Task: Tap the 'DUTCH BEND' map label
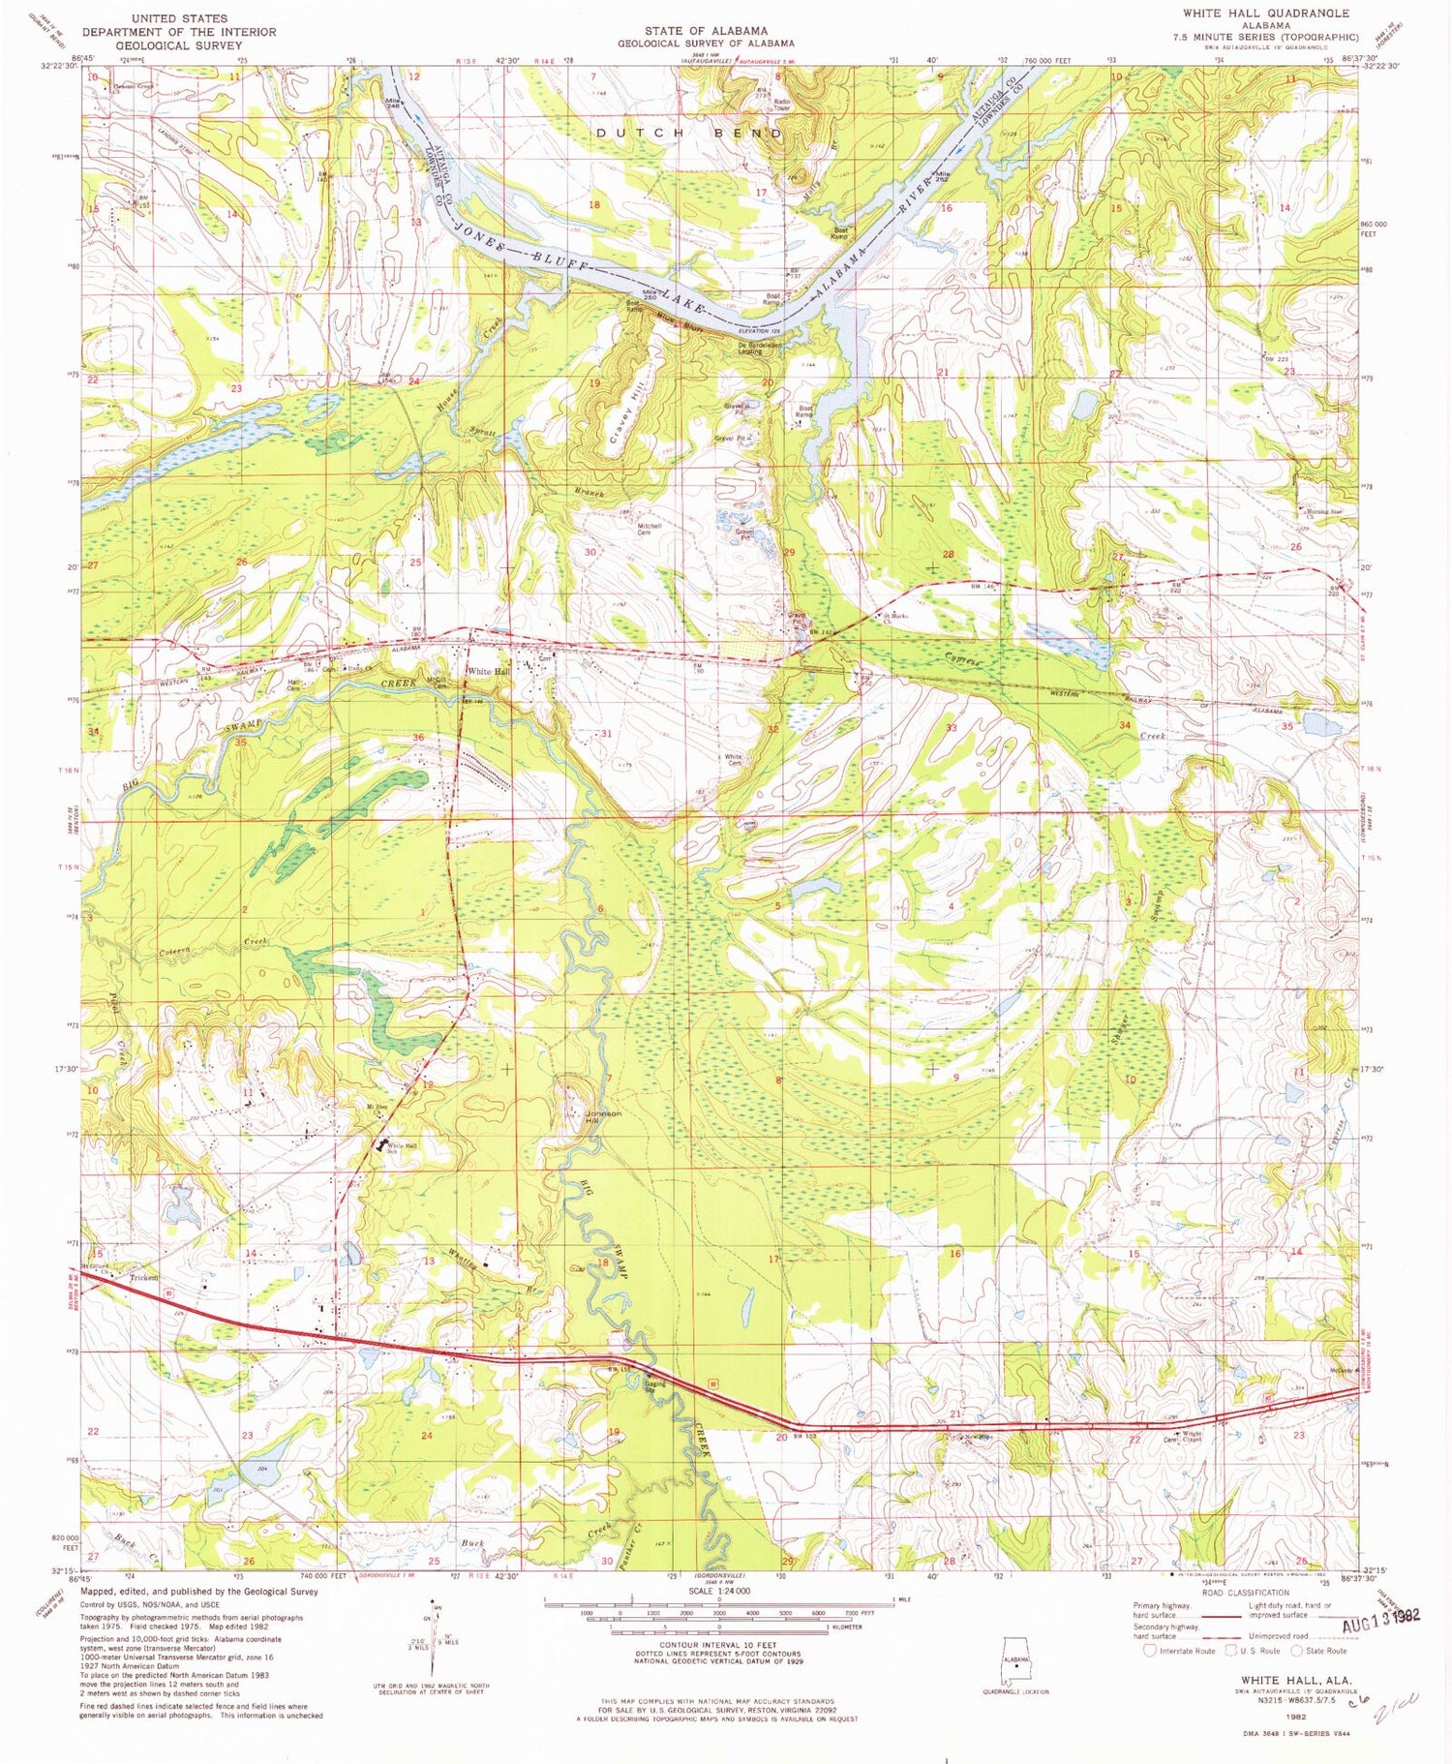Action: [688, 133]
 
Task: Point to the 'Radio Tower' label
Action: [781, 105]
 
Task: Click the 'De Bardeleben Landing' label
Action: [749, 348]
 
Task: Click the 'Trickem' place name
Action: [144, 1278]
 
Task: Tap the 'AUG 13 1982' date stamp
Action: [1381, 1615]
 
